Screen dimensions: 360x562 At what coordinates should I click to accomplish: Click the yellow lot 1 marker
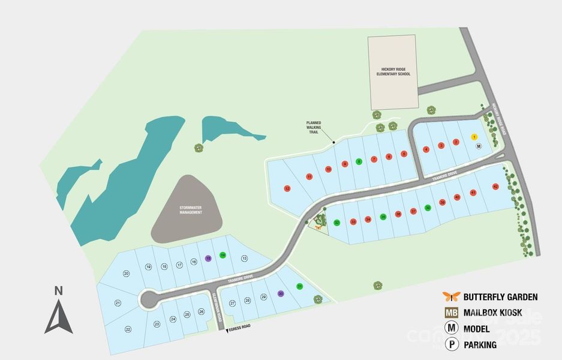tap(474, 137)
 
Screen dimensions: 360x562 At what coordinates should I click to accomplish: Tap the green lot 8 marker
tap(359, 161)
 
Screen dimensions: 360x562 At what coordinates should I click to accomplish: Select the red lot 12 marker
tap(287, 188)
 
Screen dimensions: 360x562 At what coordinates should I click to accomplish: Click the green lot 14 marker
tap(223, 255)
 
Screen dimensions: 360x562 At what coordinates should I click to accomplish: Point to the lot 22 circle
tap(128, 329)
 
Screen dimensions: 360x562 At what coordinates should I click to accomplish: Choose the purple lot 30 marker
tap(281, 293)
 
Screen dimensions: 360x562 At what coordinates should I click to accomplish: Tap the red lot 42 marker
tap(495, 187)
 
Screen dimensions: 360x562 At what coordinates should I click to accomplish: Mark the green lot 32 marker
tap(337, 223)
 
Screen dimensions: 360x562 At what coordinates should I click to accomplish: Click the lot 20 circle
tap(127, 274)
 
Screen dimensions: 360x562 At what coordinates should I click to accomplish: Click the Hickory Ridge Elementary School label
tap(392, 71)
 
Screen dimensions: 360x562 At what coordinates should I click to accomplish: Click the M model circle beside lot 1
tap(479, 146)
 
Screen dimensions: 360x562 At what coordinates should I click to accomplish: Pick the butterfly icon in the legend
tap(451, 296)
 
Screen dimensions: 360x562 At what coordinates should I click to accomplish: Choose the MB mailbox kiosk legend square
tap(451, 313)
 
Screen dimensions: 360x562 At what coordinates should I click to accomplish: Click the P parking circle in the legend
tap(451, 344)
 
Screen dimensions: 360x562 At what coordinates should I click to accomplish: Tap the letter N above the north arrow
tap(58, 292)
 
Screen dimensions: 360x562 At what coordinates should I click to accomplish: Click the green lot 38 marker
tap(428, 208)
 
